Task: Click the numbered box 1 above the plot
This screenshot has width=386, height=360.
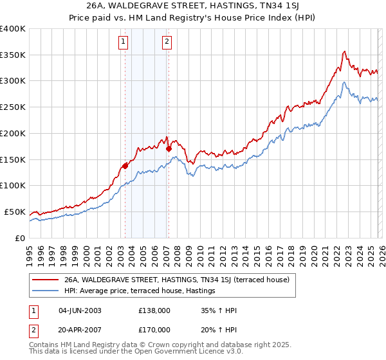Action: click(123, 42)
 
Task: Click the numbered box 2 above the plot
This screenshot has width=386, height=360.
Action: click(167, 42)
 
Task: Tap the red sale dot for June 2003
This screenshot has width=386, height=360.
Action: click(125, 165)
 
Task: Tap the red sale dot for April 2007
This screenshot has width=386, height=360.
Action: click(169, 148)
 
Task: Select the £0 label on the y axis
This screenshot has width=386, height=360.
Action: click(19, 238)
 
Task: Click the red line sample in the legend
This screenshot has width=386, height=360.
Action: click(45, 280)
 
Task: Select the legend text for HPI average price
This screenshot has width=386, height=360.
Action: click(139, 291)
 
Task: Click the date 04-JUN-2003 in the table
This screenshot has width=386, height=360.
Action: click(79, 310)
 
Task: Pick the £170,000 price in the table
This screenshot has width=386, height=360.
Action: click(154, 329)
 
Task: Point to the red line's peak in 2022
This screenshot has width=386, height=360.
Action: click(345, 51)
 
